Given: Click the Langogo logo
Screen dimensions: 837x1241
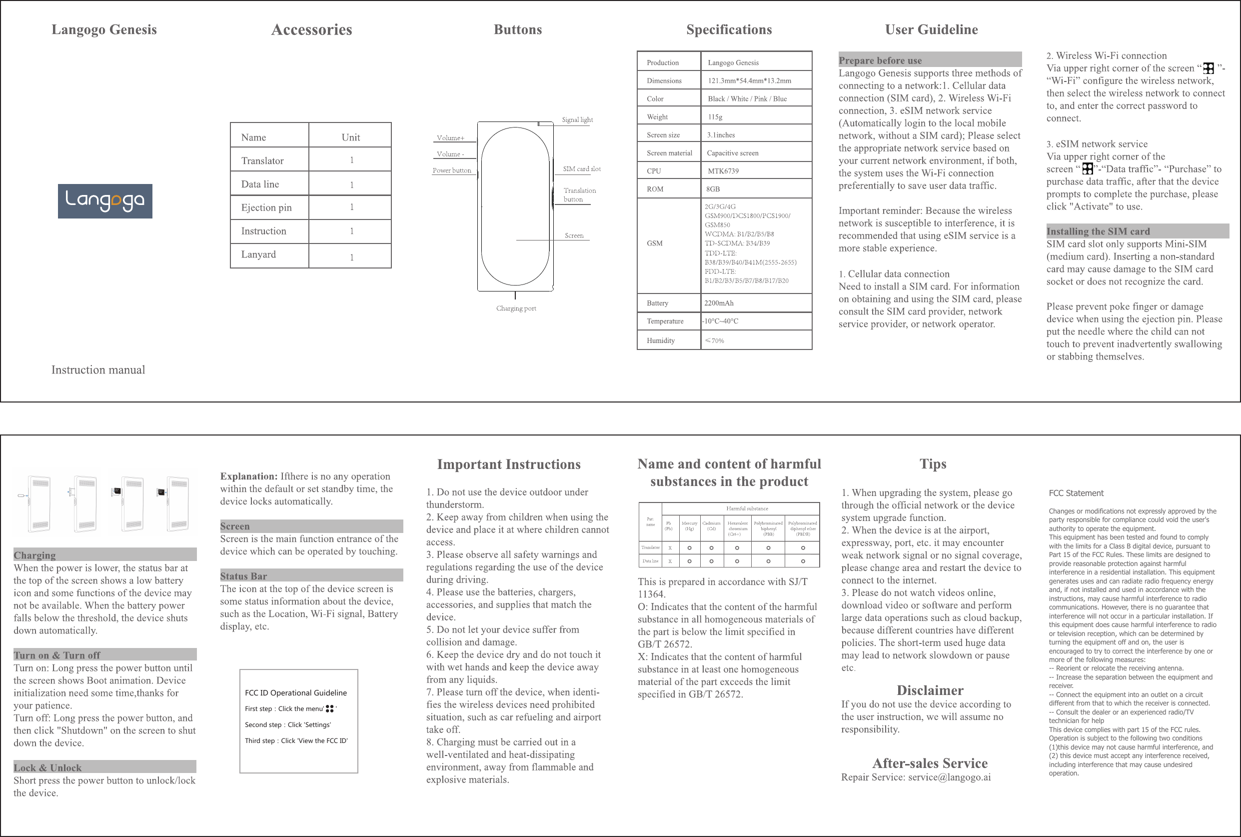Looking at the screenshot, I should [105, 200].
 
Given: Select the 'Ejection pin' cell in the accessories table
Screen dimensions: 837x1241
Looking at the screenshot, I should [266, 207].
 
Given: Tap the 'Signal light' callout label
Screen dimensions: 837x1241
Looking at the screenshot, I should [577, 119].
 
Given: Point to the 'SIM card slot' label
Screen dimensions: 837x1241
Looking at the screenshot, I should [582, 168].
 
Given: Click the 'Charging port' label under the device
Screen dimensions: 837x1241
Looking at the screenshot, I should [516, 308].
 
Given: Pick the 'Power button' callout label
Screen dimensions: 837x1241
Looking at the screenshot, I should [452, 170].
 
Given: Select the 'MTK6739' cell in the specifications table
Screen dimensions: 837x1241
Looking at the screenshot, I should [723, 171].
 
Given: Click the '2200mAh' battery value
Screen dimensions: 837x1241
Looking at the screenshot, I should [719, 303].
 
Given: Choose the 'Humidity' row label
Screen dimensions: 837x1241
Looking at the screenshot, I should [661, 340].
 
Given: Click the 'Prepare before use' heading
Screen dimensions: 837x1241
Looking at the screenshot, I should [880, 60].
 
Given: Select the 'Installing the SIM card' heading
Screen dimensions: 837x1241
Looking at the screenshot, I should [1098, 231].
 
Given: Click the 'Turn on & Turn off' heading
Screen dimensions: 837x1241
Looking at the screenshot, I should [57, 655].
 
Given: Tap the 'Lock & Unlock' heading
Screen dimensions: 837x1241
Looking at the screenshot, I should [47, 767].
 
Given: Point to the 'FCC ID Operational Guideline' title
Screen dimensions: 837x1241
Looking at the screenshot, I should [295, 693].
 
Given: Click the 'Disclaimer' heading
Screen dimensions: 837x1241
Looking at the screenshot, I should [930, 690].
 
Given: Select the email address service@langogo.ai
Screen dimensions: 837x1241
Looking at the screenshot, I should [949, 777].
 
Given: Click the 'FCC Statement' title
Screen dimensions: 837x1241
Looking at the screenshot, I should [1076, 493].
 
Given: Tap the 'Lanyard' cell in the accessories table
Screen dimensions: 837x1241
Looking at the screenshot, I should [258, 254].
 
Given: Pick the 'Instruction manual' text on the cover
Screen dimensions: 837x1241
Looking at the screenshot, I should [98, 370].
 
